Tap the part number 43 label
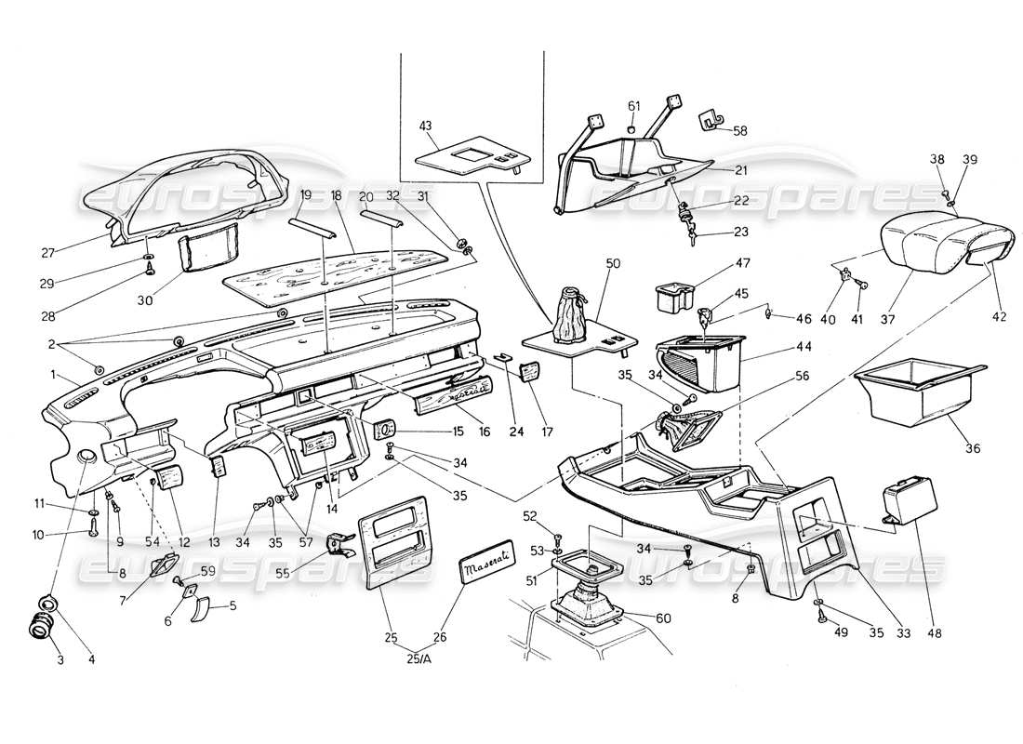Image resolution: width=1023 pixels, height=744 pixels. coord(426,126)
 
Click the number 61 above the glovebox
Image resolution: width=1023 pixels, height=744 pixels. coord(633,106)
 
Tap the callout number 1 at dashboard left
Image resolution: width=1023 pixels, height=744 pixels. coord(53,377)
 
